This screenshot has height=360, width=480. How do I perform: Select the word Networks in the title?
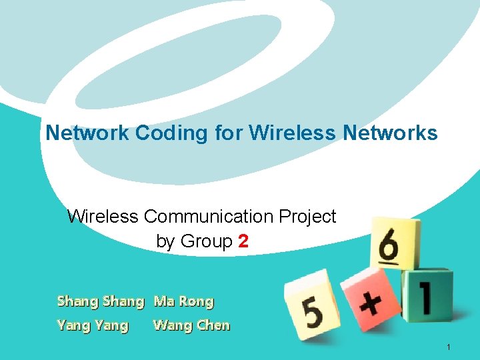tap(390, 133)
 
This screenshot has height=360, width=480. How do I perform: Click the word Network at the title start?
tap(87, 133)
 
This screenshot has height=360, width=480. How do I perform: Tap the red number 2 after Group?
tap(243, 241)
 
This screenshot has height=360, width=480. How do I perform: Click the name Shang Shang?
tap(100, 301)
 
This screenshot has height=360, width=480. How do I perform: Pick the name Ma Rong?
tap(183, 301)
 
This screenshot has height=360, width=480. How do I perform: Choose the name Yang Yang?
tap(93, 326)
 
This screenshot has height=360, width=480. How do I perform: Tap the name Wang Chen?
tap(191, 326)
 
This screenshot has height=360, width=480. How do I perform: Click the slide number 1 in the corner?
tap(450, 347)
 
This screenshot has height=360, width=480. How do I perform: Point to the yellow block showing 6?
tap(395, 243)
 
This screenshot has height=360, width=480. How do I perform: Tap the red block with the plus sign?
tap(370, 300)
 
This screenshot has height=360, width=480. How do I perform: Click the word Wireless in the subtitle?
tap(103, 217)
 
